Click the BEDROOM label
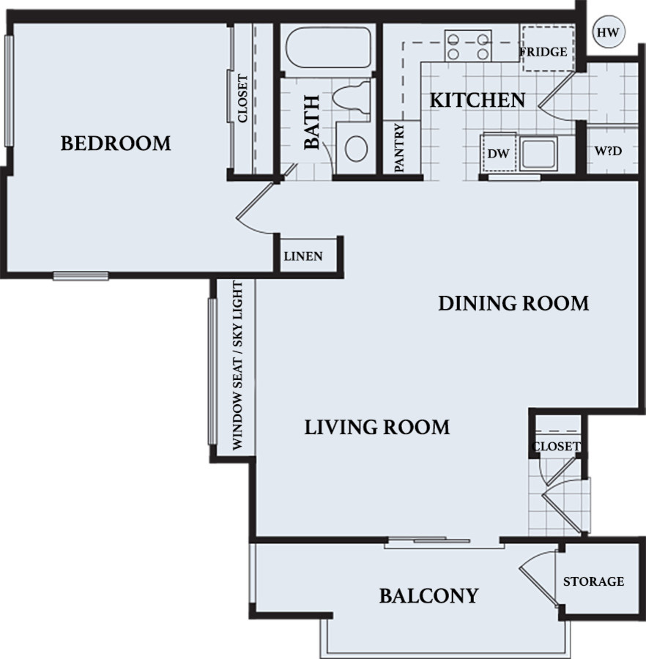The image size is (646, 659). (116, 143)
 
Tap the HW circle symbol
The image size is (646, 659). (606, 32)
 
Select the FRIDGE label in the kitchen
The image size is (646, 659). (543, 52)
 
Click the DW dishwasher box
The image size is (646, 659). (498, 153)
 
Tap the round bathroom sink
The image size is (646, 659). (356, 149)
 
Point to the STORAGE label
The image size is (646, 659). (593, 581)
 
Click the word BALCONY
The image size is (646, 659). (428, 596)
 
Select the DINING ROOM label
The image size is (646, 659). (513, 303)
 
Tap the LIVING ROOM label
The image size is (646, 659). (376, 426)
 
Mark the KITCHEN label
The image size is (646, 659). (476, 100)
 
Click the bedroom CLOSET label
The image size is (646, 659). (242, 99)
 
